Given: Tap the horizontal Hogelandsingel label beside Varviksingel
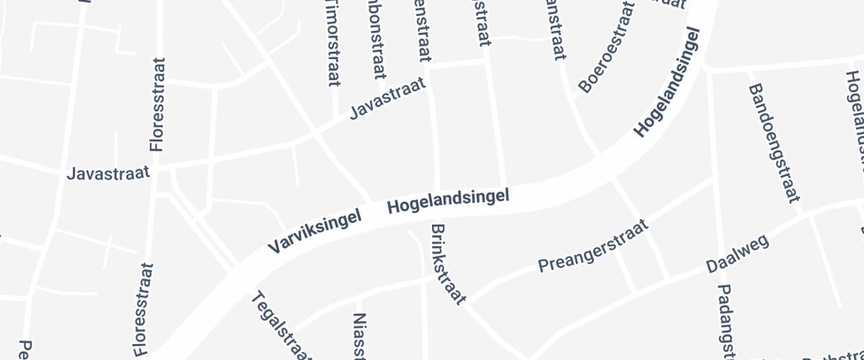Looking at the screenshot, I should click(448, 201).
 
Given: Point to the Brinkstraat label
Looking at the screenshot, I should click(449, 264).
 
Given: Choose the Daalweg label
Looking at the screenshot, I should click(737, 253).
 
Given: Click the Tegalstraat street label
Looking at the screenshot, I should click(282, 328).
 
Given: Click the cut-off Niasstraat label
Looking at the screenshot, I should click(361, 336).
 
